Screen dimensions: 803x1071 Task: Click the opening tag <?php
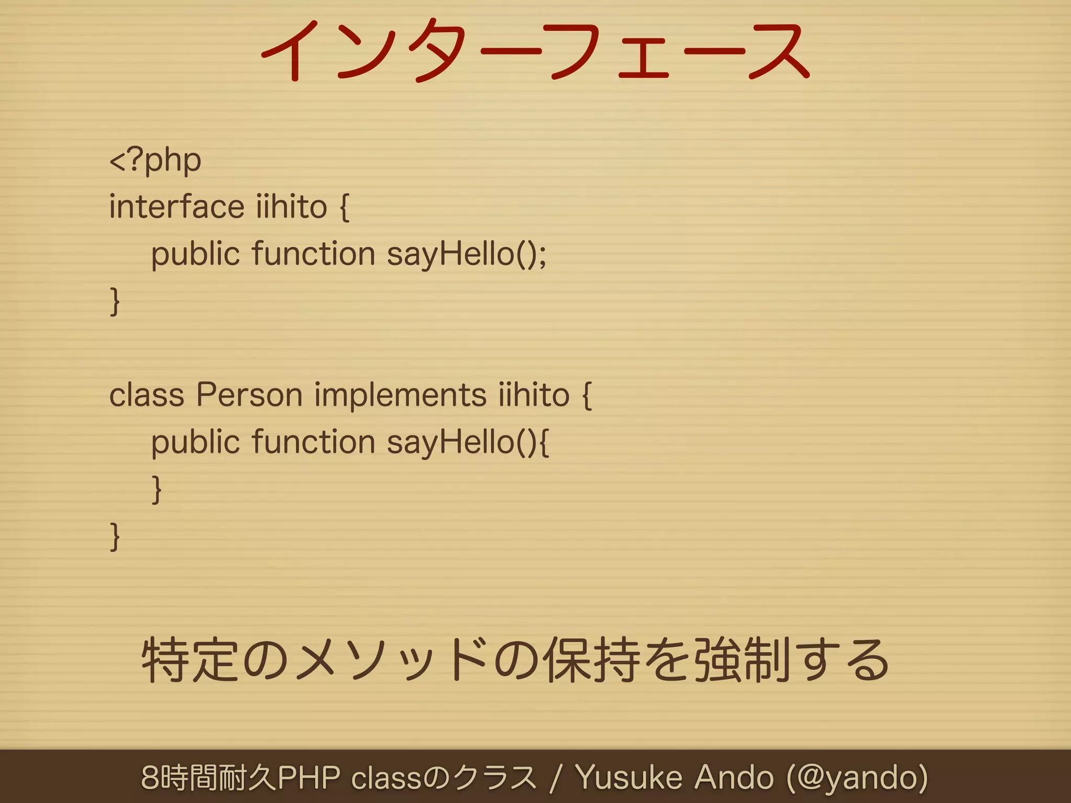coord(155,160)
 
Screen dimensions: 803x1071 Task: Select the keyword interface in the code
coord(176,207)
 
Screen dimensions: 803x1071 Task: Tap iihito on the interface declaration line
coord(291,207)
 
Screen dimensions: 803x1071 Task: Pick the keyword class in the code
coord(146,395)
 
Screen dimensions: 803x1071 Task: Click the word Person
coord(249,395)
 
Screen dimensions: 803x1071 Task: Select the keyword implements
coord(400,395)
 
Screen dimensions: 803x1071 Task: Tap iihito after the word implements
coord(533,395)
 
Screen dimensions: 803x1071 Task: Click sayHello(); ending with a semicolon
coord(466,255)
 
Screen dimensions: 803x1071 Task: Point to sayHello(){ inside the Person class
coord(468,443)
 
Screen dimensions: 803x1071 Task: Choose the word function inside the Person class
coord(314,443)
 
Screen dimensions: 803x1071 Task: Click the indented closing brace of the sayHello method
coord(156,489)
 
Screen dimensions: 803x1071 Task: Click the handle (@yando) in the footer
coord(858,777)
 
